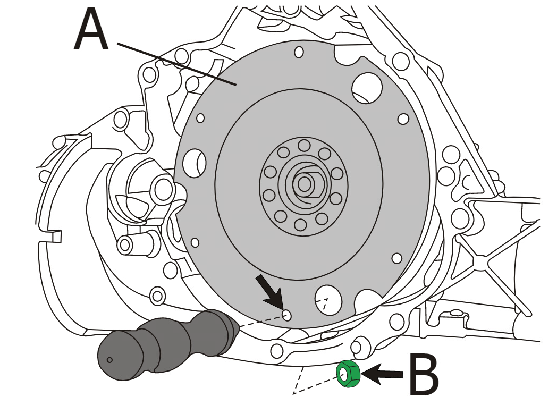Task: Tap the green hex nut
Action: [x=349, y=374]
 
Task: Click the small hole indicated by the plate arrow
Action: [x=288, y=315]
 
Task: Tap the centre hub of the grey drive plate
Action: [x=304, y=184]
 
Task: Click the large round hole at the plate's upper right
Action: [x=366, y=87]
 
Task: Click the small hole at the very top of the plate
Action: [x=299, y=52]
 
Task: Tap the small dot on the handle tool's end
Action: [x=109, y=360]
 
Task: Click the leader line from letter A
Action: [x=175, y=63]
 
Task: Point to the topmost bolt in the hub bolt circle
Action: [x=304, y=145]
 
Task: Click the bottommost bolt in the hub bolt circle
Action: [x=300, y=225]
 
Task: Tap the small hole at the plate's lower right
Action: [x=396, y=258]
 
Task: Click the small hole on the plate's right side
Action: [x=403, y=119]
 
